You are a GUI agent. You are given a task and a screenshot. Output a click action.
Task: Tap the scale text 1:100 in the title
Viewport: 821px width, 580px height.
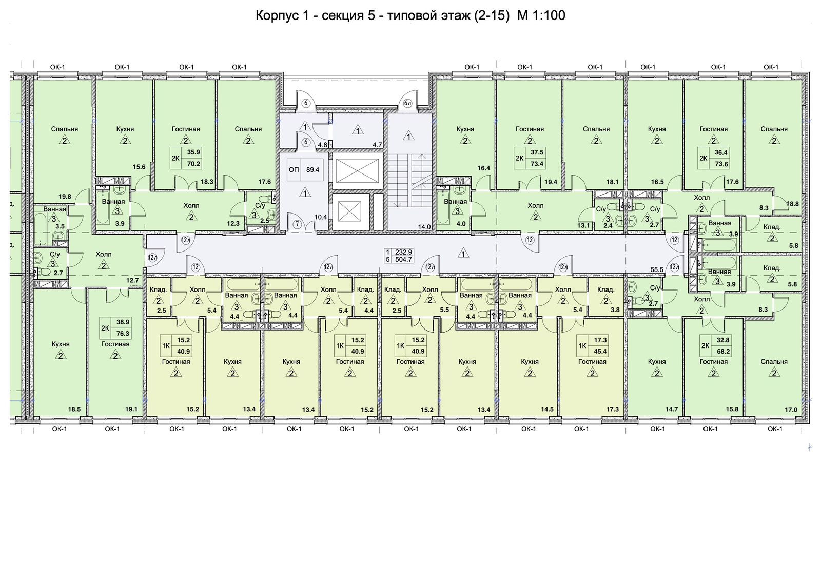click(x=549, y=16)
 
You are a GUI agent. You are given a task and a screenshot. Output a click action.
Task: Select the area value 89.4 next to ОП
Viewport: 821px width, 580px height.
click(x=312, y=169)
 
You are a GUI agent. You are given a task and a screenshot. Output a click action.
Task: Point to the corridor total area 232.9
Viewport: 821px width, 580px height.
click(x=403, y=252)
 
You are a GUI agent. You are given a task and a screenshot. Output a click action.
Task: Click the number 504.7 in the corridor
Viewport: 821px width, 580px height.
click(x=403, y=260)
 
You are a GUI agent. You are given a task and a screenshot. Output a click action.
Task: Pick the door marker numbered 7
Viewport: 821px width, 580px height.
click(x=297, y=224)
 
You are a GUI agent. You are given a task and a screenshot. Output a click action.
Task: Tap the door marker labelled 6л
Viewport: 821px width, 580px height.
click(x=408, y=103)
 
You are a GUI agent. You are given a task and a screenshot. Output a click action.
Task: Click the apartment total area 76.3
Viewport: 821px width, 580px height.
click(x=123, y=333)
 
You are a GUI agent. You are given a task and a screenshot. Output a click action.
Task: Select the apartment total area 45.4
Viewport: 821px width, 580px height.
click(x=600, y=352)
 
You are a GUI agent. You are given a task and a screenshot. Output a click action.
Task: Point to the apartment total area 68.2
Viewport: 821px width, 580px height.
click(x=722, y=352)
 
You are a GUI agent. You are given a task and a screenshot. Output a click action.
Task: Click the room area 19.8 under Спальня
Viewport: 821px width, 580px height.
click(x=65, y=196)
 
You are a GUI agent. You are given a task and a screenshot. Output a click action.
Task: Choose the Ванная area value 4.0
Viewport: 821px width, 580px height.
click(x=461, y=224)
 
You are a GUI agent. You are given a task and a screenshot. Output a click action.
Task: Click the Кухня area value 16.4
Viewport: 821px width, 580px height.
click(x=483, y=168)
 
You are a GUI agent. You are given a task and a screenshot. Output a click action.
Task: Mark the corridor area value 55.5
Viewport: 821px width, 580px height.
click(x=657, y=269)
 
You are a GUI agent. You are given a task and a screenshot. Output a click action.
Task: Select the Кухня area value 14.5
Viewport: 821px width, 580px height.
click(x=547, y=410)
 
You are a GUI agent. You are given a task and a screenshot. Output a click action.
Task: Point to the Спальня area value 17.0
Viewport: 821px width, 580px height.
click(x=791, y=410)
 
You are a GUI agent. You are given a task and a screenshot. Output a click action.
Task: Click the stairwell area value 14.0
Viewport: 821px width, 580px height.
click(x=424, y=227)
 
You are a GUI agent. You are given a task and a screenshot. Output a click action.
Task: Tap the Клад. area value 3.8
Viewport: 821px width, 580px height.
click(x=615, y=310)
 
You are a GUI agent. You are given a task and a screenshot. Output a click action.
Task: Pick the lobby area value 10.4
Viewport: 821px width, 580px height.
click(x=321, y=217)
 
